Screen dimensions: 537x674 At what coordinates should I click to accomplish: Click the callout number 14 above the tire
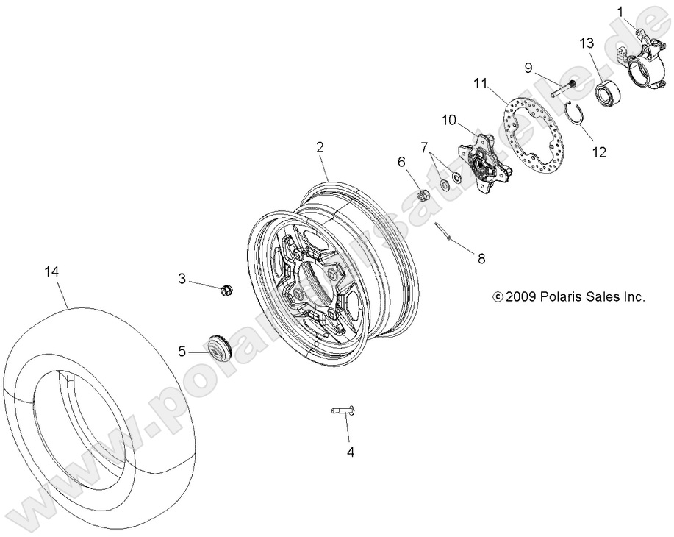pyautogui.click(x=51, y=272)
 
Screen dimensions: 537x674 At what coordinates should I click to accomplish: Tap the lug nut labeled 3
pyautogui.click(x=226, y=289)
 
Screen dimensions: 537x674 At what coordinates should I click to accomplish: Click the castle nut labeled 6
pyautogui.click(x=423, y=195)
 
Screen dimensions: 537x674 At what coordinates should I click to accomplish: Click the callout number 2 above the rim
pyautogui.click(x=320, y=147)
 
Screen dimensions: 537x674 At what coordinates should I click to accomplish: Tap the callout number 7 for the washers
pyautogui.click(x=423, y=149)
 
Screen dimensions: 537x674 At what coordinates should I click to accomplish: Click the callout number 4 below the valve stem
pyautogui.click(x=351, y=452)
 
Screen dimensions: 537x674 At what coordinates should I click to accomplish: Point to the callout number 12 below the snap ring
pyautogui.click(x=598, y=152)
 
